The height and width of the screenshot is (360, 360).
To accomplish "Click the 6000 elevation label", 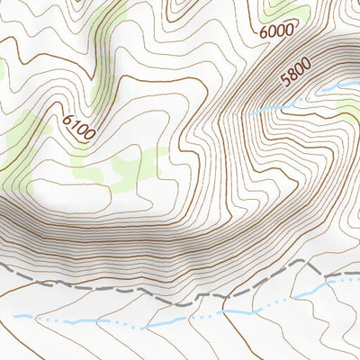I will [275, 31].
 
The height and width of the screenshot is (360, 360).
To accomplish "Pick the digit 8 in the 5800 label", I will [292, 75].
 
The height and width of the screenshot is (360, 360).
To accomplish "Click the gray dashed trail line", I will [135, 290].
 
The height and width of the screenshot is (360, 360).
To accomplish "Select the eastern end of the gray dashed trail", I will [357, 271].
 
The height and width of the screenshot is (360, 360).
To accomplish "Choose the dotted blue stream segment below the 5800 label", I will [270, 110].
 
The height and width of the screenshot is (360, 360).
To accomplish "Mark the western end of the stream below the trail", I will [16, 316].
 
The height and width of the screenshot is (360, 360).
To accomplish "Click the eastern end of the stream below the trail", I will [357, 278].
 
